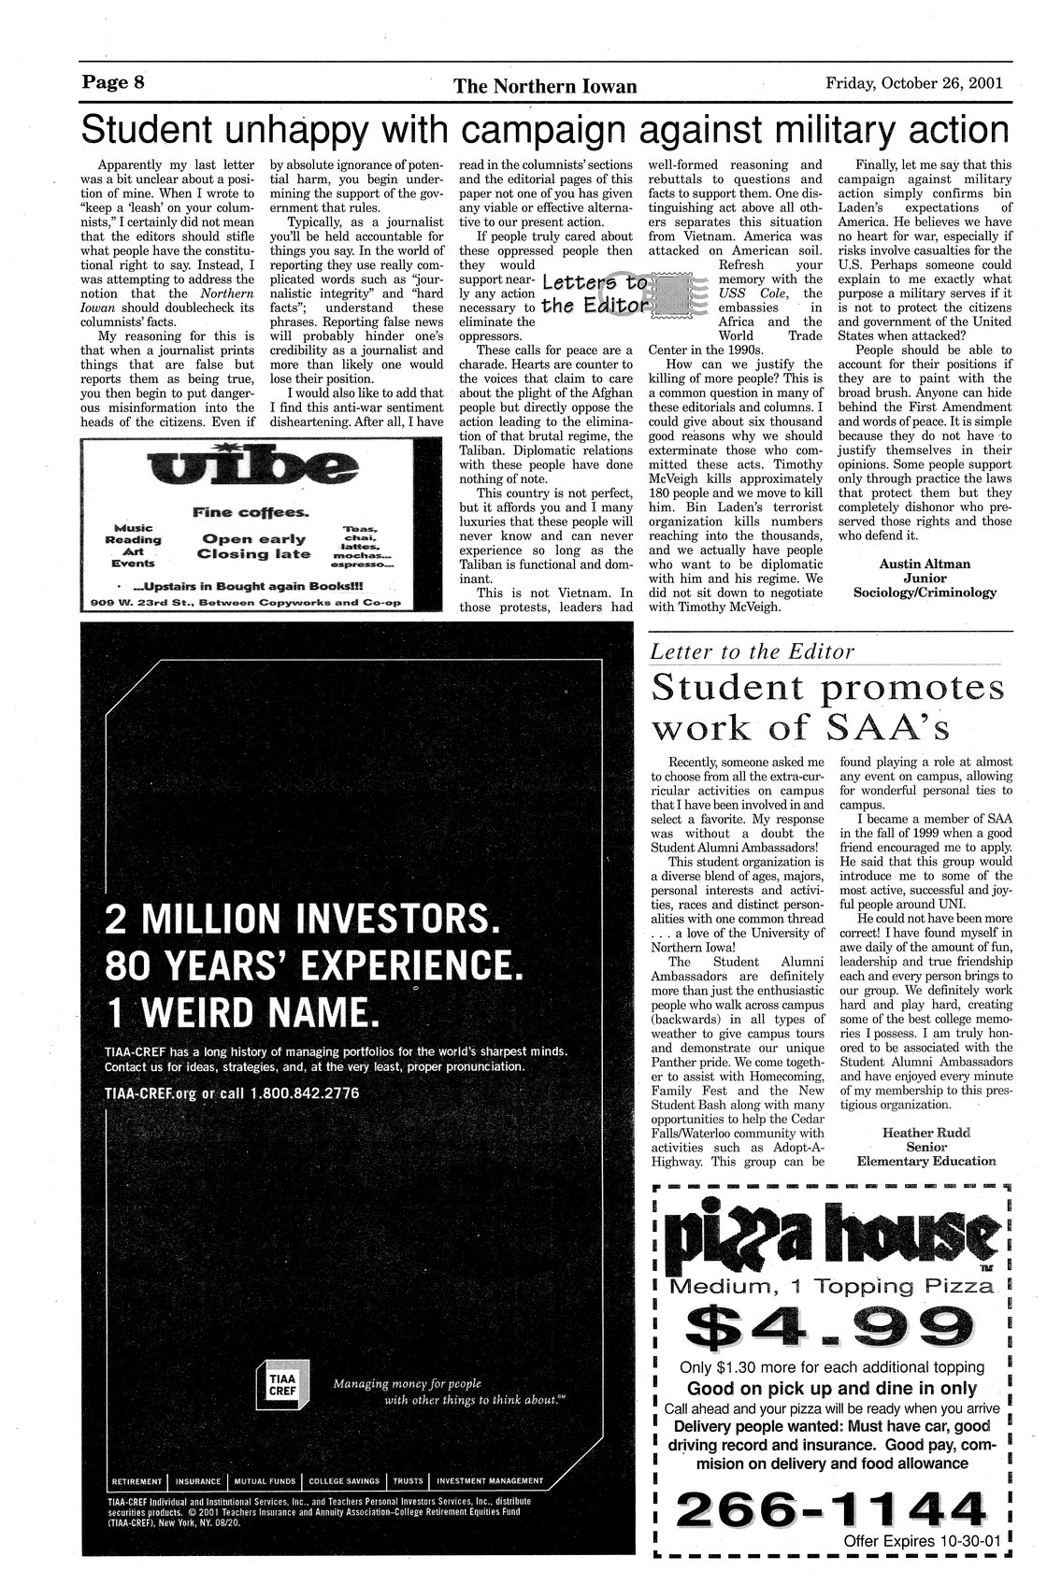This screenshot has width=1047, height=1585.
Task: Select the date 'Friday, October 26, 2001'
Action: click(x=914, y=82)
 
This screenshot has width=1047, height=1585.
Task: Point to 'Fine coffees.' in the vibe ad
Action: click(x=252, y=512)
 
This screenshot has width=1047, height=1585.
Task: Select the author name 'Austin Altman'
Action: click(x=925, y=564)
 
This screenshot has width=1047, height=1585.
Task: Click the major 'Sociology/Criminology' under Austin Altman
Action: click(x=925, y=593)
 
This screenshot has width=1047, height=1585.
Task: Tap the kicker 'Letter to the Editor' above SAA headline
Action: click(x=753, y=651)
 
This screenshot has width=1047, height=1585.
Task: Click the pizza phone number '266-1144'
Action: click(x=831, y=1507)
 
